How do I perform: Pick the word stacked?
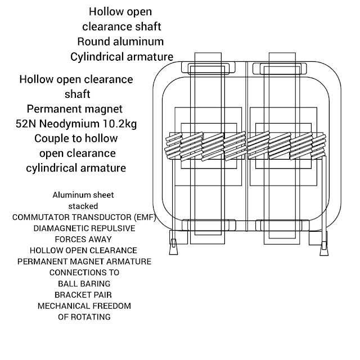pyautogui.click(x=83, y=206)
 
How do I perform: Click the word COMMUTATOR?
pyautogui.click(x=43, y=217)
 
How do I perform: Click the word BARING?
pyautogui.click(x=94, y=283)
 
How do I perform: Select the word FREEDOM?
pyautogui.click(x=111, y=306)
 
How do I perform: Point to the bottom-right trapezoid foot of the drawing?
pyautogui.click(x=322, y=245)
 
